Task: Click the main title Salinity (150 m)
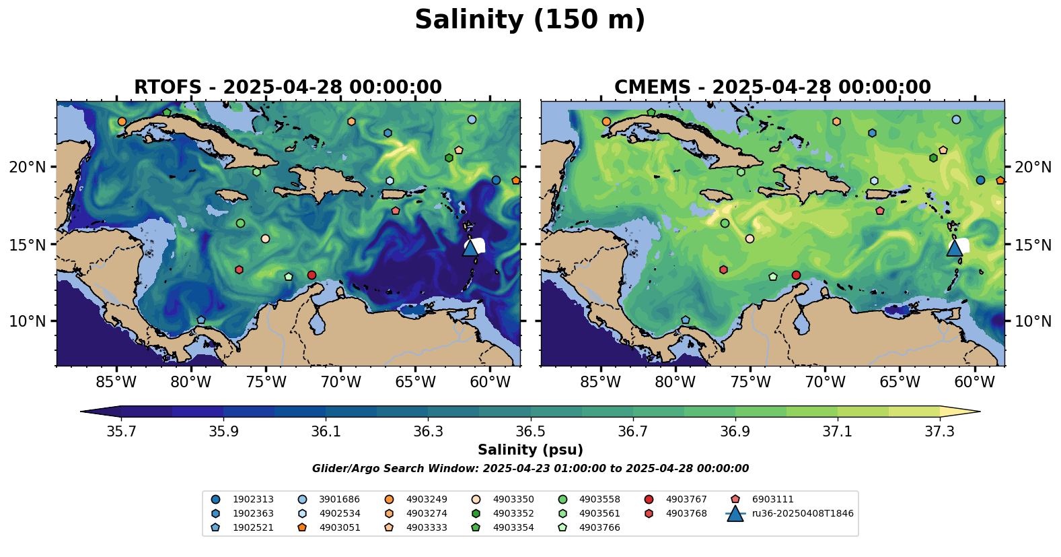coord(529,20)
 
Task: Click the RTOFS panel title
coord(288,88)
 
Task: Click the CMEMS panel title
coord(772,88)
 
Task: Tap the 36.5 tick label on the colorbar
coord(530,432)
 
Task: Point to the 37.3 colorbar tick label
coord(939,432)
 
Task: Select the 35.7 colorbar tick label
coord(121,432)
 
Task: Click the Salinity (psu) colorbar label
coord(530,450)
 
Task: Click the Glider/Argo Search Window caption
coord(530,469)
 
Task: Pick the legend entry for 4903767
coord(686,500)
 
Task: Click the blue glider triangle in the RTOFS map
coord(470,248)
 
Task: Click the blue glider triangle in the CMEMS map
coord(955,248)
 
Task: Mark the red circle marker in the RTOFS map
coord(312,275)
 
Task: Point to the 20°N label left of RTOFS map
coord(28,167)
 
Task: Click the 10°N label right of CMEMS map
coord(1033,321)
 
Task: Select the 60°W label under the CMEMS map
coord(974,383)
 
